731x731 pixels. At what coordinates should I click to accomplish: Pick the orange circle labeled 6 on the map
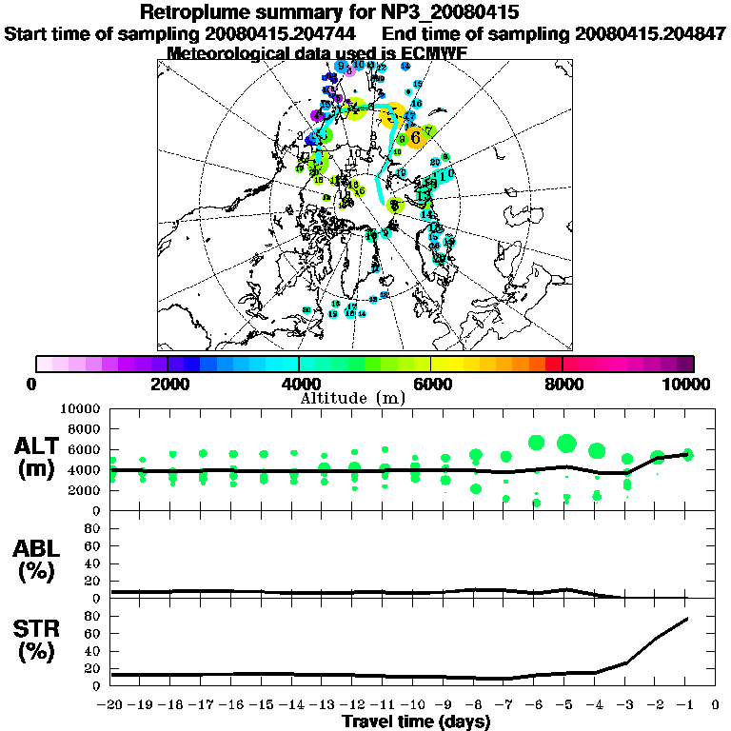coord(416,137)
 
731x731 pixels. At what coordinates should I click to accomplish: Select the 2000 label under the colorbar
coord(168,384)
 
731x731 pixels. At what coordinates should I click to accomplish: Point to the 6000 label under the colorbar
coord(431,384)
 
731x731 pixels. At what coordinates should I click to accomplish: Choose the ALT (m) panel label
coord(39,457)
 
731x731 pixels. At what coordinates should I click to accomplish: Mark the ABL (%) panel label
coord(39,560)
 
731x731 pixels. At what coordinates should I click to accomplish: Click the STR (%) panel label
coord(39,639)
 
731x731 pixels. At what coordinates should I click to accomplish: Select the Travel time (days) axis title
coord(416,722)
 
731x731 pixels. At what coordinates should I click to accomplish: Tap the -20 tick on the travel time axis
coord(111,705)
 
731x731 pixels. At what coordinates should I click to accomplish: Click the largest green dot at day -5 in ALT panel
coord(567,443)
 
